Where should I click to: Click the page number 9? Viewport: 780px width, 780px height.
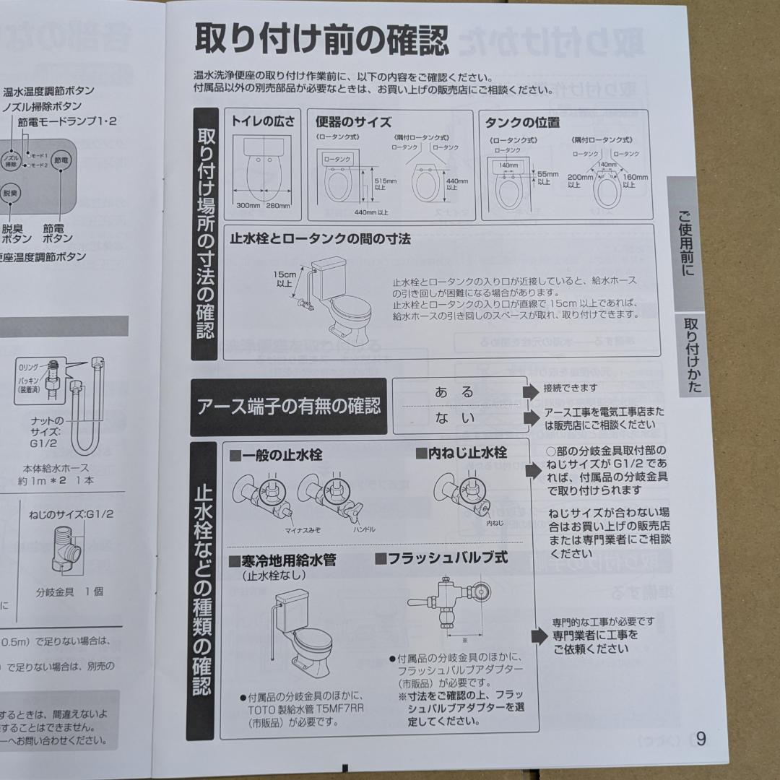(x=701, y=739)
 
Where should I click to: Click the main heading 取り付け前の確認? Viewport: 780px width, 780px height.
(x=321, y=39)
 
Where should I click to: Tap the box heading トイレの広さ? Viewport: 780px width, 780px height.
(x=263, y=121)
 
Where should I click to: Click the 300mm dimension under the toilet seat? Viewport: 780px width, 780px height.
(x=248, y=206)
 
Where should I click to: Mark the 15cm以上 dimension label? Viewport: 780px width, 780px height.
(x=284, y=279)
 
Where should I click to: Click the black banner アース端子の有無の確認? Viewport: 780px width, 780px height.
(x=289, y=407)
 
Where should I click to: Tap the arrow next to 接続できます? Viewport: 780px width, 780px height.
(x=531, y=391)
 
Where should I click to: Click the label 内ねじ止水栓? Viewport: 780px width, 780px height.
(x=461, y=453)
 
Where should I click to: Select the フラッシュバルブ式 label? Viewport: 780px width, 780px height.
(x=441, y=558)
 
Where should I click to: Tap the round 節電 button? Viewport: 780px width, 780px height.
(x=61, y=160)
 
